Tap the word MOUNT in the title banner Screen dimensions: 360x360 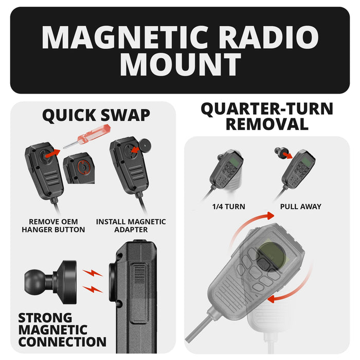click(180, 65)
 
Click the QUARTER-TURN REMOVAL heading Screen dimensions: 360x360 click(266, 116)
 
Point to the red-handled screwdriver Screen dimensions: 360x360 click(82, 139)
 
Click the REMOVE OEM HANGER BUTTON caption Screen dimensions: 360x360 click(53, 226)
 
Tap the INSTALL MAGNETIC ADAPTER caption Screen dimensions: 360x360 click(131, 226)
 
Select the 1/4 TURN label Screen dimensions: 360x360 click(228, 207)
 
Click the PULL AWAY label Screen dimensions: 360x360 click(300, 207)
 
